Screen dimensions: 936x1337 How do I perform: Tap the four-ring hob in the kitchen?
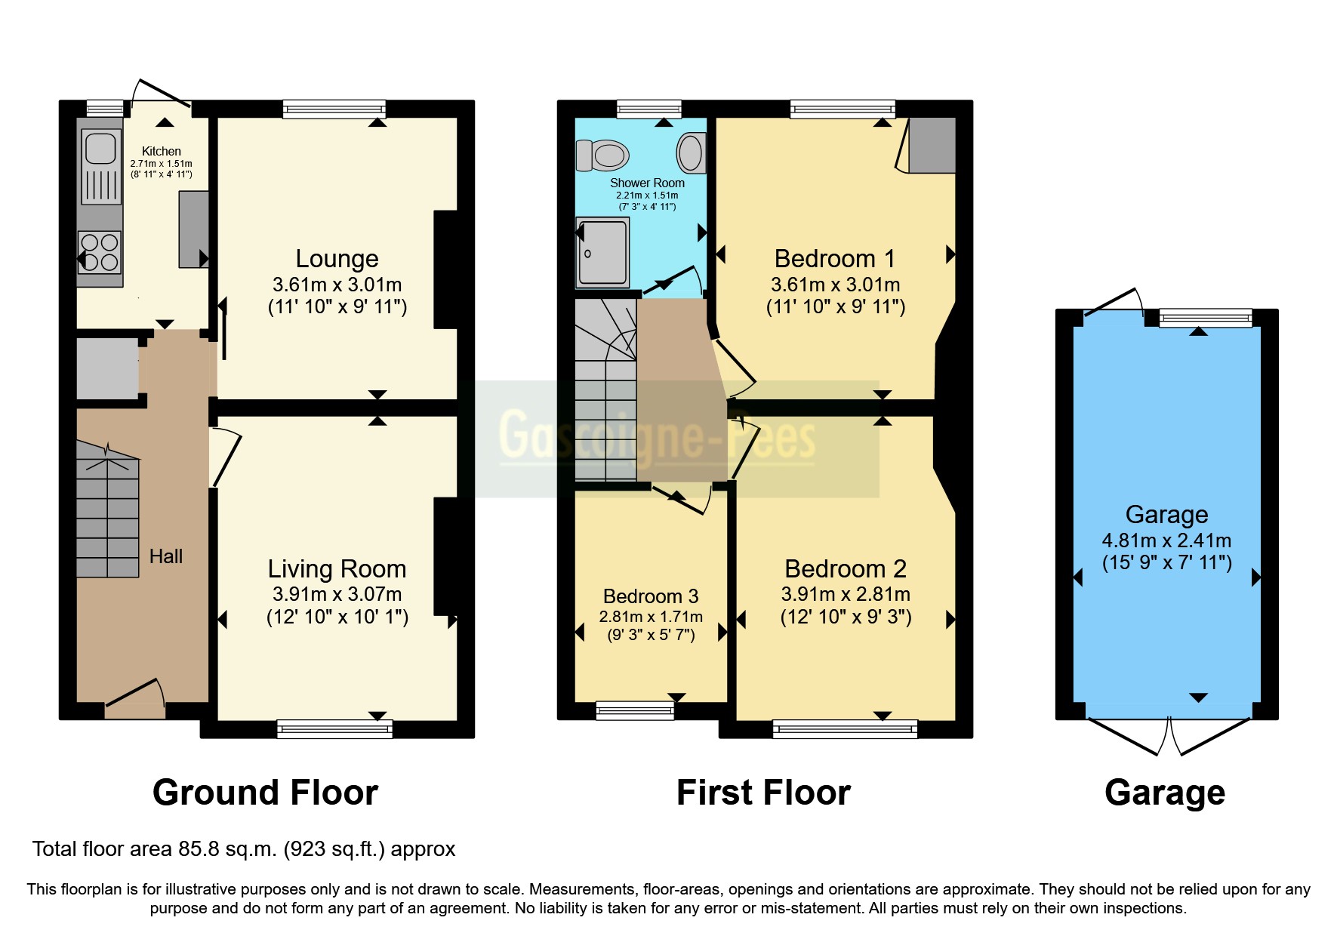[x=100, y=252]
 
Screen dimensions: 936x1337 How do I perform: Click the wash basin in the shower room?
[x=691, y=152]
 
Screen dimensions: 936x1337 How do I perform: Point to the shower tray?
[x=602, y=253]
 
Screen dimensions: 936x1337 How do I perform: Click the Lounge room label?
[x=337, y=259]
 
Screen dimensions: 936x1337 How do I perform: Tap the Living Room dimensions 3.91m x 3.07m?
[x=337, y=594]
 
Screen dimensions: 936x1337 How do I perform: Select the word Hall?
[x=166, y=556]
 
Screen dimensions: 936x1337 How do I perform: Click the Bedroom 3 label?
[x=651, y=596]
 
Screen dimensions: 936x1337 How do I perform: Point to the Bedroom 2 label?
[x=846, y=568]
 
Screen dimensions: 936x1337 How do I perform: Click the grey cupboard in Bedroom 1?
[x=932, y=144]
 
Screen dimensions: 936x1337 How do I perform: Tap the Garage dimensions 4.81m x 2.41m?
[x=1166, y=540]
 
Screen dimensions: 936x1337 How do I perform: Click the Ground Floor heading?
[x=265, y=793]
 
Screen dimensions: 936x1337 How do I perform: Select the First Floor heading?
[x=763, y=793]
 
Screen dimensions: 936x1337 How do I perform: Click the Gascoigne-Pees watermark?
[x=657, y=436]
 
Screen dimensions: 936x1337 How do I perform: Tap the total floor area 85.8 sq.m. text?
[x=244, y=849]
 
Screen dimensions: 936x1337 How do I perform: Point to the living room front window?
[x=334, y=728]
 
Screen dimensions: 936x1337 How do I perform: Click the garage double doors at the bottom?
[x=1169, y=735]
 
